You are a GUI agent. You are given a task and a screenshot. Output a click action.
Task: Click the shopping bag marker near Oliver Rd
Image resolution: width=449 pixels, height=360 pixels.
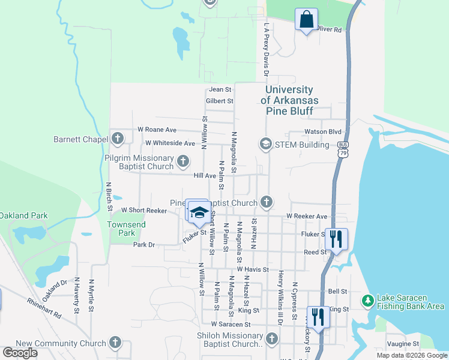point(307,19)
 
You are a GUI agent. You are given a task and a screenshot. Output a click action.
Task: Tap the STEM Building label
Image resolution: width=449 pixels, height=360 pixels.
point(303,145)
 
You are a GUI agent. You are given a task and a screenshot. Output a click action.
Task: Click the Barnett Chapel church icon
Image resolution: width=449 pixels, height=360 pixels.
point(118,139)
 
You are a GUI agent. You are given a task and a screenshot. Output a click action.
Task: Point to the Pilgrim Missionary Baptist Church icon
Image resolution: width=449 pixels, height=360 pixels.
point(183,161)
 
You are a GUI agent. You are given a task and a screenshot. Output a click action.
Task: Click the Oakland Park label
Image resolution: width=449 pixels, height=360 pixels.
point(23,215)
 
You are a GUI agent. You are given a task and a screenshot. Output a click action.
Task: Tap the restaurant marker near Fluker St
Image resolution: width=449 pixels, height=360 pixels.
point(336,238)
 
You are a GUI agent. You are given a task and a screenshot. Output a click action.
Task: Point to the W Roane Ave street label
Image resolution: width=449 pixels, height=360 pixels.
point(157,129)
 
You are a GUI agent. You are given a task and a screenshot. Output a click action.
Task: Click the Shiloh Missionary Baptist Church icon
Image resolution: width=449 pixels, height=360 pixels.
point(271,340)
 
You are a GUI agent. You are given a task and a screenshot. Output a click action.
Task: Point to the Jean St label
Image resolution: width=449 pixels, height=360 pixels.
point(215,90)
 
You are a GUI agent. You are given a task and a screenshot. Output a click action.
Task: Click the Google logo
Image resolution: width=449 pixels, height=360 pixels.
point(20,353)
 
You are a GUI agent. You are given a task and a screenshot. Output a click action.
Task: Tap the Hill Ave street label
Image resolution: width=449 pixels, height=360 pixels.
point(205,176)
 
